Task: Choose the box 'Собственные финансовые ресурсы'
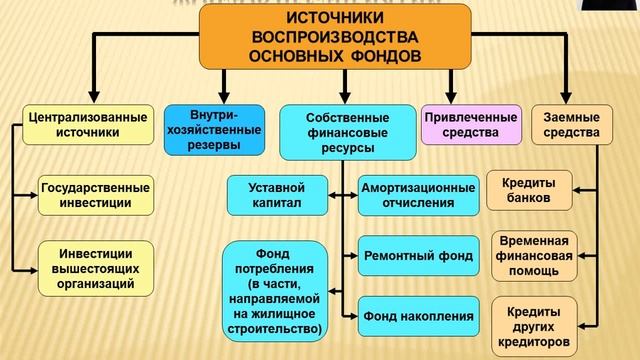click(341, 132)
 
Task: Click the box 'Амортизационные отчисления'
click(418, 195)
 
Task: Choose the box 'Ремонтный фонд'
click(418, 255)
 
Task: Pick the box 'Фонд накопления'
click(418, 317)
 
